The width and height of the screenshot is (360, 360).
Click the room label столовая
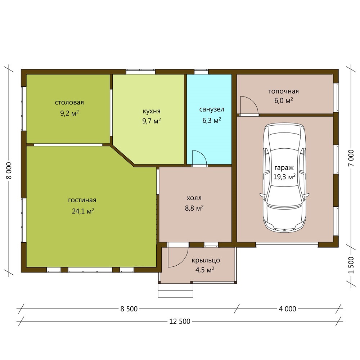(x=69, y=102)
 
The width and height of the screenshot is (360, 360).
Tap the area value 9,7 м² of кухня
(x=151, y=121)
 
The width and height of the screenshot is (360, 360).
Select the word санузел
(x=211, y=109)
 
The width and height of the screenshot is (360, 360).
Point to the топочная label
(x=284, y=91)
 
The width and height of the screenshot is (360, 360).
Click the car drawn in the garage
(x=284, y=177)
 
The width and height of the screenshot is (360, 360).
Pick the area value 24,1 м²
(x=83, y=211)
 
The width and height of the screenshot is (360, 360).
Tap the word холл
(x=194, y=198)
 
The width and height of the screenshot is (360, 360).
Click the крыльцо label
(x=206, y=260)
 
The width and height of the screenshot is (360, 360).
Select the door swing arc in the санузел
(x=203, y=155)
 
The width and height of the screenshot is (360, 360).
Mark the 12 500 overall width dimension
(x=180, y=321)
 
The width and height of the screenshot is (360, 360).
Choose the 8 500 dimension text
(x=129, y=309)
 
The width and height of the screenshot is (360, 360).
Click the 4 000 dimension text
(x=287, y=309)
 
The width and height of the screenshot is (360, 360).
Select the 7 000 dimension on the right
(x=351, y=158)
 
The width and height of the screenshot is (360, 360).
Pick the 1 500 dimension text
(x=351, y=265)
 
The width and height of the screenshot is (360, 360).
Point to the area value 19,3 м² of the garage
(x=284, y=177)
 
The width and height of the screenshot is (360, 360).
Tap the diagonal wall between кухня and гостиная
(x=123, y=156)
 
